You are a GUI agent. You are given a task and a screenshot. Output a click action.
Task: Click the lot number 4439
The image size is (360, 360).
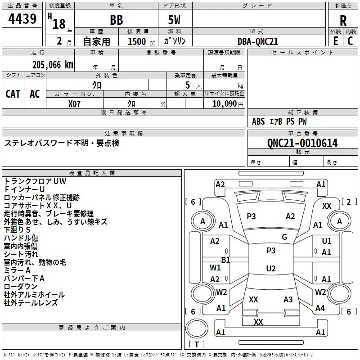pyautogui.click(x=22, y=18)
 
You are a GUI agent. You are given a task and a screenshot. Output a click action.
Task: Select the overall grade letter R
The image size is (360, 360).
pyautogui.click(x=343, y=21)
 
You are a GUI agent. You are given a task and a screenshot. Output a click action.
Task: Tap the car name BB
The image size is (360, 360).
pyautogui.click(x=117, y=20)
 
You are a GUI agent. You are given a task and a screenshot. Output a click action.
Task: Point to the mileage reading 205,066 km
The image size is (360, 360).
pyautogui.click(x=53, y=65)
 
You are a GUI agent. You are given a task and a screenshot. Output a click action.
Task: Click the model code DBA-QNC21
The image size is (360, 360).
pyautogui.click(x=258, y=41)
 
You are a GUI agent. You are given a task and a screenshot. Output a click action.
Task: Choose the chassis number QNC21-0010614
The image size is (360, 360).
pyautogui.click(x=302, y=143)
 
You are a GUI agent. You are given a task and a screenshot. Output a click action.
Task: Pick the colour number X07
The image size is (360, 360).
pyautogui.click(x=74, y=104)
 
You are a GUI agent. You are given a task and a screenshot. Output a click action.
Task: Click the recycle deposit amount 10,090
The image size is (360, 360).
pyautogui.click(x=224, y=104)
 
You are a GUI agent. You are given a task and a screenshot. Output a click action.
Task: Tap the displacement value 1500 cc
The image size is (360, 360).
pyautogui.click(x=141, y=41)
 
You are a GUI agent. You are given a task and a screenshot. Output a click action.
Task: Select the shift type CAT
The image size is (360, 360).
pyautogui.click(x=13, y=94)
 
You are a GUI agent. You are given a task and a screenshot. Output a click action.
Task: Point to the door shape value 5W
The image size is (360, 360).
pyautogui.click(x=174, y=20)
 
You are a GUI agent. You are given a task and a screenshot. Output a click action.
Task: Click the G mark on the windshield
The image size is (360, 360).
pyautogui.click(x=284, y=237)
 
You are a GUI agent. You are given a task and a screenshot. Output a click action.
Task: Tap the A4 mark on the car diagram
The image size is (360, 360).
pyautogui.click(x=320, y=308)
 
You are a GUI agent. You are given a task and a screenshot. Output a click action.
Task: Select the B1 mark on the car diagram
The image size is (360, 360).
pyautogui.click(x=225, y=260)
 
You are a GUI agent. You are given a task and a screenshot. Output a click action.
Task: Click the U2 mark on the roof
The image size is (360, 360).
pyautogui.click(x=271, y=268)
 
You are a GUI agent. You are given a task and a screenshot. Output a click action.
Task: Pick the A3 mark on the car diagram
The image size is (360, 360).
pyautogui.click(x=288, y=299)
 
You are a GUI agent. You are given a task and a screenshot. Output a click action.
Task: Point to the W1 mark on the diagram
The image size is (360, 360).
pyautogui.click(x=215, y=267)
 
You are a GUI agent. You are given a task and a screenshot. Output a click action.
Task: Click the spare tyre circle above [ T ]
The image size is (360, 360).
pyautogui.click(x=197, y=328)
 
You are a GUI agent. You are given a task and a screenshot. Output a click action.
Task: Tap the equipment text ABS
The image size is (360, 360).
pyautogui.click(x=258, y=121)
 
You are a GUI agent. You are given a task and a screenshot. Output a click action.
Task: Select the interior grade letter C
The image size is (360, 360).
pyautogui.click(x=350, y=41)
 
